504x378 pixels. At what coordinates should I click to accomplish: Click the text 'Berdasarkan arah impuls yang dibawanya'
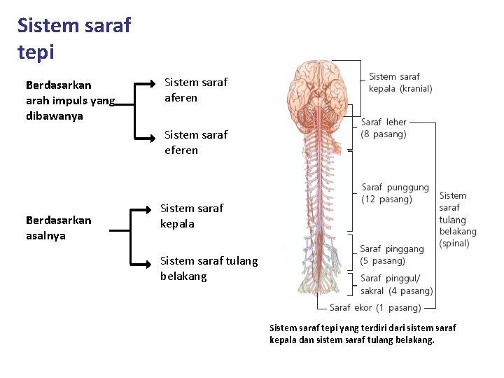click(70, 101)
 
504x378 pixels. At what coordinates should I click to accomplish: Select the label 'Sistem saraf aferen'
click(195, 90)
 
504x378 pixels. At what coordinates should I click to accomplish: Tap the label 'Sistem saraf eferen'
click(195, 142)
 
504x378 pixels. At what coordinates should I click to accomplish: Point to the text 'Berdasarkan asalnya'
click(58, 227)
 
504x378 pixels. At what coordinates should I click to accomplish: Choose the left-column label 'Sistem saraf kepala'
click(192, 216)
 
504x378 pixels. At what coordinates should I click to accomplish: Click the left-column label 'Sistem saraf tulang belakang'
click(209, 268)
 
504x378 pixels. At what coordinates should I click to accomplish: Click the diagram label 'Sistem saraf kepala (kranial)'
click(400, 83)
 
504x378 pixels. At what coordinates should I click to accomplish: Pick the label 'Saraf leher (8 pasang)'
click(384, 128)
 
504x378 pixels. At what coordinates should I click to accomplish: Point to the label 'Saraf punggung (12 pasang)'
click(395, 193)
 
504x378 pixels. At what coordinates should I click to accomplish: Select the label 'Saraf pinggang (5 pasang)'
click(391, 255)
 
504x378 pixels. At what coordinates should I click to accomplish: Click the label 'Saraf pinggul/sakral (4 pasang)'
click(396, 284)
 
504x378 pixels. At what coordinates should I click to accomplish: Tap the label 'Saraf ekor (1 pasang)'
click(375, 307)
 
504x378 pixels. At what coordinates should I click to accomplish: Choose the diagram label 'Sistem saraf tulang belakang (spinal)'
click(457, 219)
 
